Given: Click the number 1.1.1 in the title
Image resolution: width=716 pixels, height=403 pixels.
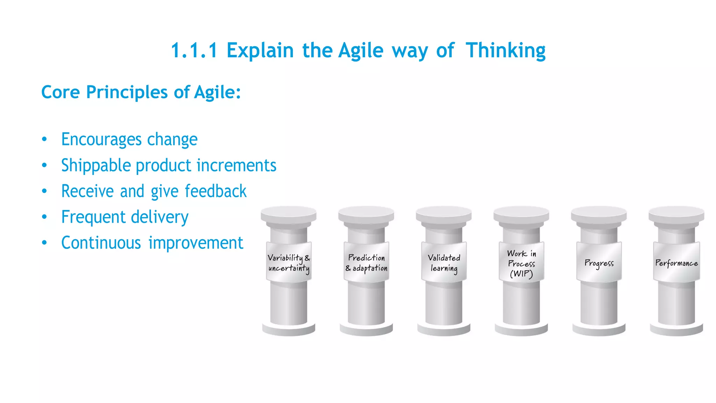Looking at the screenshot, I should pos(194,51).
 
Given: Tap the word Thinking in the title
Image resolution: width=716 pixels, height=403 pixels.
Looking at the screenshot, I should pos(506,51).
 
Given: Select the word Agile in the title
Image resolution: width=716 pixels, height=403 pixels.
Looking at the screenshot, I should pos(361,51).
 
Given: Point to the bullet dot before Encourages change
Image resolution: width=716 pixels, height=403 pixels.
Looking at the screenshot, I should pos(44,139).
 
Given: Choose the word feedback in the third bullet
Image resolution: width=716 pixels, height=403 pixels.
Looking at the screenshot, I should pos(215,191).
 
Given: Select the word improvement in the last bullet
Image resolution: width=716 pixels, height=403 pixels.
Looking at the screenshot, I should pos(196,243).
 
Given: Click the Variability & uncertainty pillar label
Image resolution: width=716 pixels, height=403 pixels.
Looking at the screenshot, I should pos(289,263).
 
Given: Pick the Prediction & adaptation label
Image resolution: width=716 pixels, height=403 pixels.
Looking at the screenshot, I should pos(366,263).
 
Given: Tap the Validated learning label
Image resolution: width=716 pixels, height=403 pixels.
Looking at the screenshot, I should pos(444,263).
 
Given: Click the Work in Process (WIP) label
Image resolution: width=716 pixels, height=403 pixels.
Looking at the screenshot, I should pos(521,263).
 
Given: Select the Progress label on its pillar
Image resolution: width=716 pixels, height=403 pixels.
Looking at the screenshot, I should pos(599,263).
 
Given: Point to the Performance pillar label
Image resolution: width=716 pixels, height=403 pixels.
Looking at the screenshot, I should pos(676,263).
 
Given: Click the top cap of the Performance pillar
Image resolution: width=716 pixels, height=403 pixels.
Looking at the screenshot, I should pos(676,213).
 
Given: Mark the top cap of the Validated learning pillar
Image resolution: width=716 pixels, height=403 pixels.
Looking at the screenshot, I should pos(444,213).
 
